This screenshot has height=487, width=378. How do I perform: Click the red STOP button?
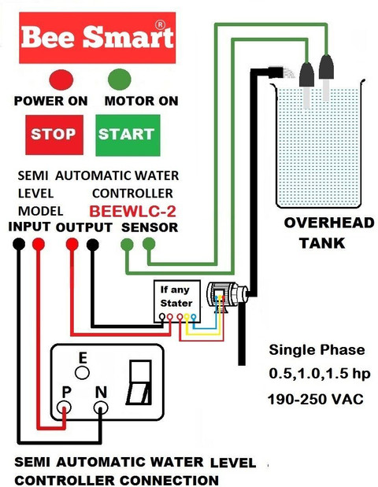pyautogui.click(x=54, y=135)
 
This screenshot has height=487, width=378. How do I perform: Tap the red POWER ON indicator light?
pyautogui.click(x=61, y=79)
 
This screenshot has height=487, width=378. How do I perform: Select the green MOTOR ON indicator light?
pyautogui.click(x=120, y=79)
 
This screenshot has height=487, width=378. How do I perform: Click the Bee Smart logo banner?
pyautogui.click(x=98, y=38)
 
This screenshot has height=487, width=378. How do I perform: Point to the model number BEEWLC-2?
pyautogui.click(x=133, y=212)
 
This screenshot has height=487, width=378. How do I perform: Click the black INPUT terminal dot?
pyautogui.click(x=19, y=244)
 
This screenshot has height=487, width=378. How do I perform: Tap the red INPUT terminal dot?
pyautogui.click(x=39, y=244)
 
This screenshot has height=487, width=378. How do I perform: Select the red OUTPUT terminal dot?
pyautogui.click(x=72, y=244)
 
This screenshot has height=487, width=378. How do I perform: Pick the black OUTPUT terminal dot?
pyautogui.click(x=93, y=245)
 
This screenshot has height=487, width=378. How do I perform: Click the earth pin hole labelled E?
pyautogui.click(x=83, y=372)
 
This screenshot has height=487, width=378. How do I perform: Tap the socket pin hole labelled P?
pyautogui.click(x=64, y=408)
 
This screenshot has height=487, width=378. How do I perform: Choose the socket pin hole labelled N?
pyautogui.click(x=101, y=408)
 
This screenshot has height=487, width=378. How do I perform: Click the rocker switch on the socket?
pyautogui.click(x=139, y=382)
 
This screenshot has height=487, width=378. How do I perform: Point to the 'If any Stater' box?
pyautogui.click(x=177, y=301)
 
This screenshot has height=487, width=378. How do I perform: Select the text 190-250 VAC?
pyautogui.click(x=316, y=399)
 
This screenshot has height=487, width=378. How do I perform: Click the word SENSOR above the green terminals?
pyautogui.click(x=150, y=227)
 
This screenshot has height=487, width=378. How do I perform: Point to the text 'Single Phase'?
pyautogui.click(x=317, y=350)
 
